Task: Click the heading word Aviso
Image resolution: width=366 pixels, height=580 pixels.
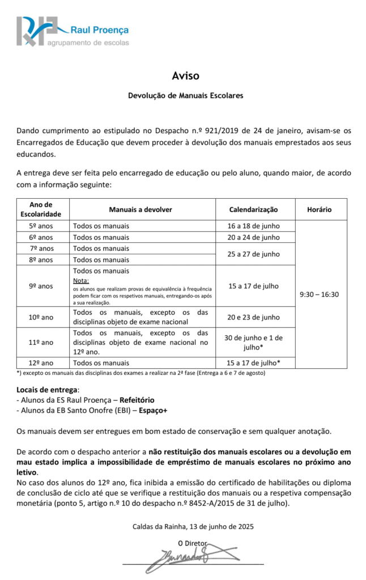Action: click(186, 75)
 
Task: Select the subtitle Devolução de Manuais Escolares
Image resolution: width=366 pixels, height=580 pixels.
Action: click(186, 96)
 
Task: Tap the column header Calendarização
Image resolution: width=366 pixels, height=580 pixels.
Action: click(253, 210)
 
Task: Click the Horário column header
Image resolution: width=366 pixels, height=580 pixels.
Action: click(319, 210)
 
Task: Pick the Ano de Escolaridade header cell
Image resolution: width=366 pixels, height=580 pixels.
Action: click(41, 210)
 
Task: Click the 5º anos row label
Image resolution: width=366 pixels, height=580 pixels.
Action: click(41, 226)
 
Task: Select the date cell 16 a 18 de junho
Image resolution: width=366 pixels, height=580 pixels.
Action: click(253, 226)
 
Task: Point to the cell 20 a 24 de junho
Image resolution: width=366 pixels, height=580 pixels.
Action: click(253, 237)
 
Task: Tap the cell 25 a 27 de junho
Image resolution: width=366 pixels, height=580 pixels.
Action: click(253, 254)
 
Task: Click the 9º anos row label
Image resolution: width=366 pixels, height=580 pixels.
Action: click(41, 286)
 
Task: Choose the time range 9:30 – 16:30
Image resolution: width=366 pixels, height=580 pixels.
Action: click(319, 295)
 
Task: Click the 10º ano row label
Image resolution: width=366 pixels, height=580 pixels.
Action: click(41, 317)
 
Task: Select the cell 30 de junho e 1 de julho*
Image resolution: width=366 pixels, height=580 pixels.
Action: click(253, 342)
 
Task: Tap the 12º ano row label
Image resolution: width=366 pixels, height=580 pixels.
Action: click(41, 362)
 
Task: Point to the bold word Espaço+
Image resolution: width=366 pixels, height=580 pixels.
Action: click(160, 411)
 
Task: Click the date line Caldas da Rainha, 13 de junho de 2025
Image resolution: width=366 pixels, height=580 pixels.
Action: click(193, 526)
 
